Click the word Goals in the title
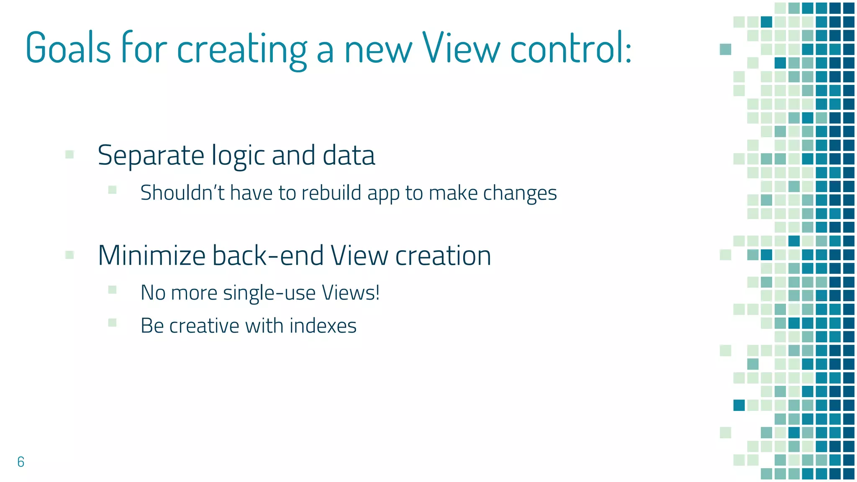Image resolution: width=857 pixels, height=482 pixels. tap(68, 48)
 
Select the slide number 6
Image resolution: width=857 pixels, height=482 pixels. tap(21, 461)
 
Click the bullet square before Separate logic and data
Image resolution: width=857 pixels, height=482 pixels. tap(70, 155)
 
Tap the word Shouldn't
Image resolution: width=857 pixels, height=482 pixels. tap(182, 193)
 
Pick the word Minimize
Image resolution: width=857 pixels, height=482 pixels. tap(151, 256)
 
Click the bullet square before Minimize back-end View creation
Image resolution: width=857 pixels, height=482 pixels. tap(70, 255)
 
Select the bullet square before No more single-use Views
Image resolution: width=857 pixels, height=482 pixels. tap(112, 290)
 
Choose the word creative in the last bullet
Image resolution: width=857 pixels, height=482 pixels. tap(204, 326)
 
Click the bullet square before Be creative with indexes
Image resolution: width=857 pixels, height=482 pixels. tap(112, 322)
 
